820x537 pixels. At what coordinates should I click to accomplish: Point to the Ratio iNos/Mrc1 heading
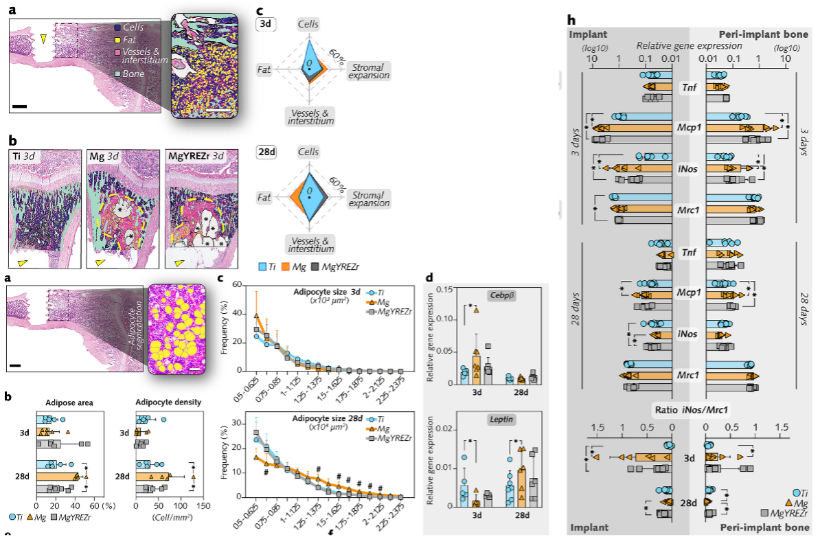690,410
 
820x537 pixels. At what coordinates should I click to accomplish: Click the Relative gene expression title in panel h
689,45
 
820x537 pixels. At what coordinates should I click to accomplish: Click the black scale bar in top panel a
19,106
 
